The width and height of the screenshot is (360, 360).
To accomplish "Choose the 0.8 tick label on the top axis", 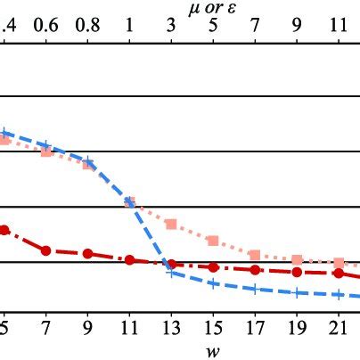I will tap(87, 28).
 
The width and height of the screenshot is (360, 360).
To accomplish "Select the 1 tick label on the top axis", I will tap(129, 28).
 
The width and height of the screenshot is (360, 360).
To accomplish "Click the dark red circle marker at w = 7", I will tap(45, 250).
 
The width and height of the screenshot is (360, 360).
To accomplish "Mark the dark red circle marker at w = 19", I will tap(297, 272).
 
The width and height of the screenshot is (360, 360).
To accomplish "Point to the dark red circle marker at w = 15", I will tap(213, 266).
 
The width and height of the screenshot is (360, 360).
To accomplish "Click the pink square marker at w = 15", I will tap(213, 240).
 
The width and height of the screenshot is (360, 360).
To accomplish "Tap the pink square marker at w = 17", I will tap(255, 255).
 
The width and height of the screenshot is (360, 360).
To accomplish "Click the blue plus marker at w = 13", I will tap(171, 272).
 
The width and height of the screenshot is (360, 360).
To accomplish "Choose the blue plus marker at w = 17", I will tap(255, 289).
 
